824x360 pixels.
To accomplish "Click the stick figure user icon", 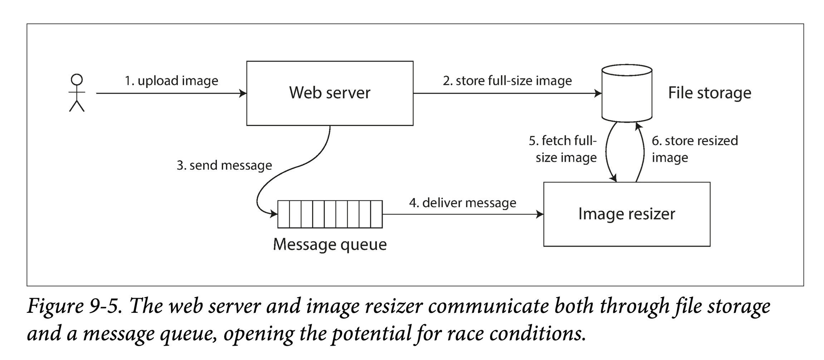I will [77, 93].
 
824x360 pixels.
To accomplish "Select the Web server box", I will [329, 93].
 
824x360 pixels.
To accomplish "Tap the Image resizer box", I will [626, 214].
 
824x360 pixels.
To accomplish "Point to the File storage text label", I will [710, 93].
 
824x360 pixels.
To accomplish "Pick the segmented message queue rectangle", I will [330, 214].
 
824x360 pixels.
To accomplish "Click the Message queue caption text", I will [329, 244].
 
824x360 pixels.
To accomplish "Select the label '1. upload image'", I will [171, 81].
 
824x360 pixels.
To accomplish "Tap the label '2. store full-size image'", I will [507, 81].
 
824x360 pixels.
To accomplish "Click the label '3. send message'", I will [224, 165].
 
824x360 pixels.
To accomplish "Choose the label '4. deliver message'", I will [462, 203].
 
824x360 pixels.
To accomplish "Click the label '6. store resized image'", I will [694, 149].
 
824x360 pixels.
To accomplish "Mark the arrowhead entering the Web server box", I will [243, 93].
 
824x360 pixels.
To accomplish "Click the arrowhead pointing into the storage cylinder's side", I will [598, 93].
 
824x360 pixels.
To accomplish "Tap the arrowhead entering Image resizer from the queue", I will [540, 214].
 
